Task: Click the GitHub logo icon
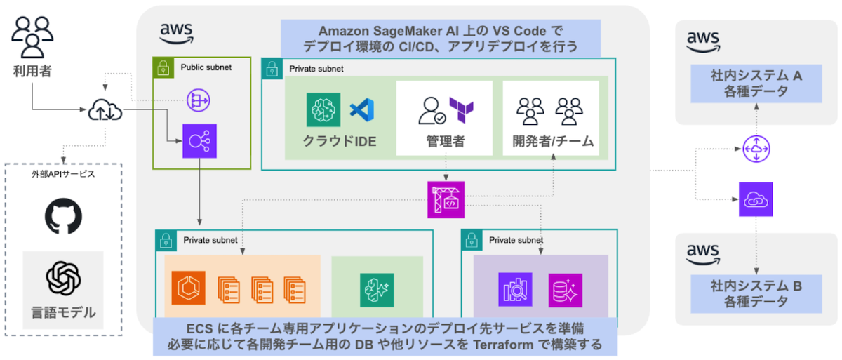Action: point(63,217)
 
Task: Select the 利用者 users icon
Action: point(32,36)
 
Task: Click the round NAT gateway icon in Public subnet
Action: point(198,100)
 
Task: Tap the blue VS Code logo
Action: point(362,109)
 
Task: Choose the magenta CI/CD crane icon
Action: point(446,199)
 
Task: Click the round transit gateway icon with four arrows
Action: point(756,148)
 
